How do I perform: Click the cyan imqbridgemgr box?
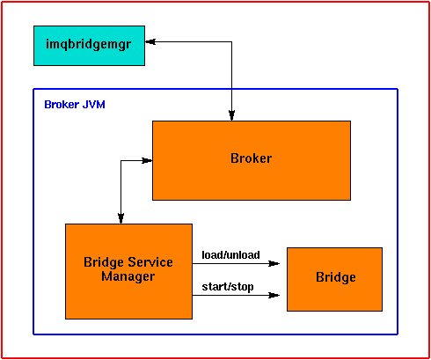tap(88, 45)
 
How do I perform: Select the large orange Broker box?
tap(251, 160)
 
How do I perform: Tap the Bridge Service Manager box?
tap(128, 270)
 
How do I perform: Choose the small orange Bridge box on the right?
tap(334, 279)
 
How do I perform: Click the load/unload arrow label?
tap(230, 254)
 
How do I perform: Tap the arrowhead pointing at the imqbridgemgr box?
tap(150, 41)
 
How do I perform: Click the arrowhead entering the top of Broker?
tap(231, 114)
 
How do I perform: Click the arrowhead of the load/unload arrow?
tap(274, 262)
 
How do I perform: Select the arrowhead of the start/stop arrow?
tap(274, 295)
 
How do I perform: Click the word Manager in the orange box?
tap(128, 276)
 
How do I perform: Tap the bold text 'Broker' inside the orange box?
tap(251, 158)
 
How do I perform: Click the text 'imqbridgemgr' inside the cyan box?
tap(88, 41)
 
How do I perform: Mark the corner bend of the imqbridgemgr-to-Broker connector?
tap(231, 41)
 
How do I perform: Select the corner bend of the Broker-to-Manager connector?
tap(121, 161)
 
